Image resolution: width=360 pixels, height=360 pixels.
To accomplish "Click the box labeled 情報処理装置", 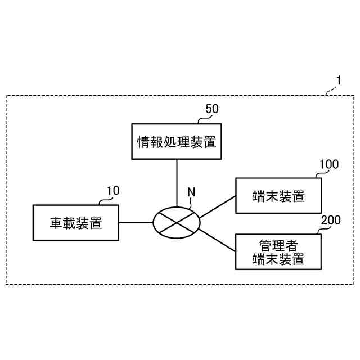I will [x=177, y=142].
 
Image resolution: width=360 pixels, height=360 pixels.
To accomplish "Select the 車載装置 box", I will [x=76, y=223].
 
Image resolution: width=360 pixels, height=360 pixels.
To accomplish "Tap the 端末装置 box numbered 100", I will [x=278, y=196].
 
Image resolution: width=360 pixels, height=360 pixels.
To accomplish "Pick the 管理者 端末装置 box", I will [x=278, y=252].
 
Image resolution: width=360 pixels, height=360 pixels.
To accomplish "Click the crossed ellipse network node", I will [x=177, y=223].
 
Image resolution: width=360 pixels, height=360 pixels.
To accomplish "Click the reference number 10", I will [x=112, y=191].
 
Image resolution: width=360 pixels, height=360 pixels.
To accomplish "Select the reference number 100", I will [x=328, y=164].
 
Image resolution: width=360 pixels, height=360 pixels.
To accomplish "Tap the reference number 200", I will [x=330, y=220].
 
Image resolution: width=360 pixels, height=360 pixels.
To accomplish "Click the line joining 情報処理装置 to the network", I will [x=177, y=183].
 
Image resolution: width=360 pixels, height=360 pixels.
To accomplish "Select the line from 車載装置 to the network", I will [x=136, y=223].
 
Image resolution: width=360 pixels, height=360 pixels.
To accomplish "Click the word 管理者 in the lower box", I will [x=278, y=246].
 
